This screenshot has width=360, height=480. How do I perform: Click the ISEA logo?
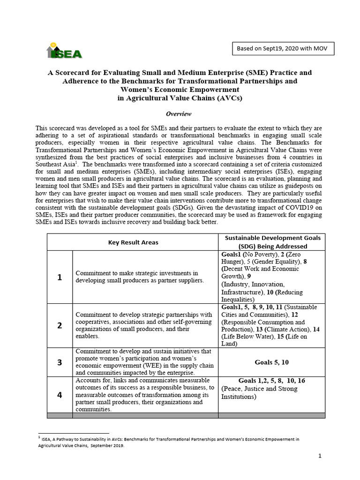[x=64, y=51]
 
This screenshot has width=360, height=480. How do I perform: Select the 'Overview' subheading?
[x=179, y=114]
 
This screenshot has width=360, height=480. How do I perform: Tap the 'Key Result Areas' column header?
[x=133, y=242]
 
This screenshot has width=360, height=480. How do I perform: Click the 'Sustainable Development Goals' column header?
[x=272, y=242]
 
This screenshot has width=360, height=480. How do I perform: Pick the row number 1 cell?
[x=60, y=277]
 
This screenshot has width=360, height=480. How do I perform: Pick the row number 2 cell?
[x=60, y=325]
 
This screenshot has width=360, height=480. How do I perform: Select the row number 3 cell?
[x=60, y=362]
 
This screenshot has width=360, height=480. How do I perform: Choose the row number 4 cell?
[x=60, y=395]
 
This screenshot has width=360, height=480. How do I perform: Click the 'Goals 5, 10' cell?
[x=272, y=362]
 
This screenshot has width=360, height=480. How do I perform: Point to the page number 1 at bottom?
[x=319, y=456]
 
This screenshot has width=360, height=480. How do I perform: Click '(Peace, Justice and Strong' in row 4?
[x=259, y=389]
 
